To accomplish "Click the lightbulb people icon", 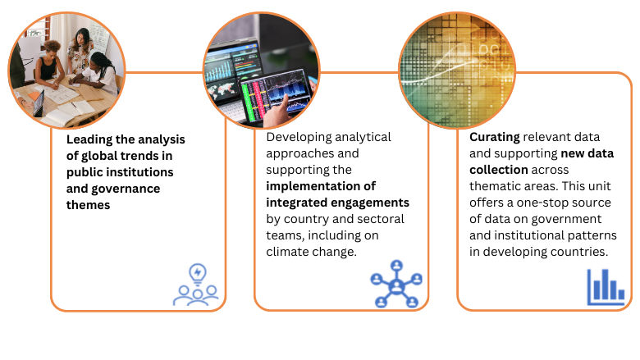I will click(x=196, y=285).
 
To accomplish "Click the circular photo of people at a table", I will click(x=66, y=70).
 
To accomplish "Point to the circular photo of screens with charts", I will click(x=261, y=71).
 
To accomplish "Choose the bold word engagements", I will click(x=374, y=202).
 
